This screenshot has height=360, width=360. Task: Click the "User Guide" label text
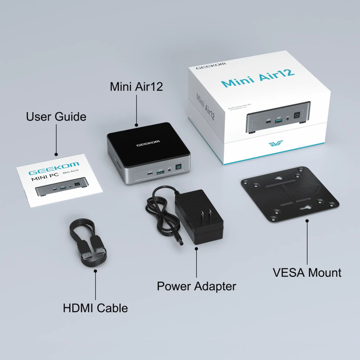pos(56,116)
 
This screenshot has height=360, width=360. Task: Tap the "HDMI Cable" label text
pos(95,308)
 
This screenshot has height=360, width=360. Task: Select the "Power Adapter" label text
pos(196,286)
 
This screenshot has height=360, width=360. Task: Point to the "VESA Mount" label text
pos(307,272)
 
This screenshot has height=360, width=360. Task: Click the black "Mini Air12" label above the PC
pos(136,86)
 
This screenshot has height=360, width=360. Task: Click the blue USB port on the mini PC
pos(160,172)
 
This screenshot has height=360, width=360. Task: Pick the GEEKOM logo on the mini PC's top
pos(148,142)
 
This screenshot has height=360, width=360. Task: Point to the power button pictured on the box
pos(297,115)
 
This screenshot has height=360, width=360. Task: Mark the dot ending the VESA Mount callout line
pos(307,221)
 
